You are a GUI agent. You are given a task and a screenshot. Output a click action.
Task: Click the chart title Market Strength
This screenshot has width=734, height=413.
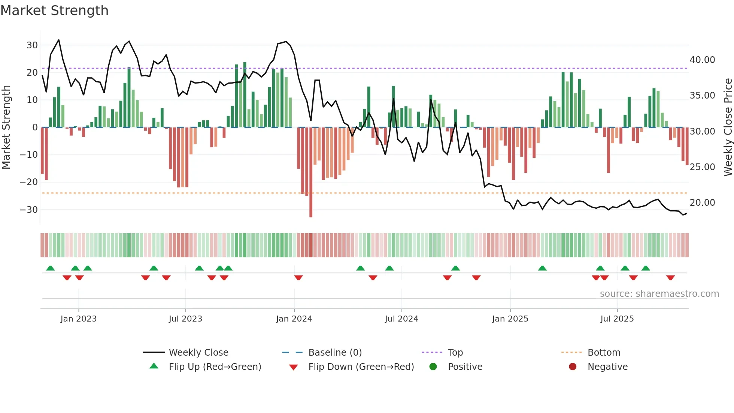[54, 10]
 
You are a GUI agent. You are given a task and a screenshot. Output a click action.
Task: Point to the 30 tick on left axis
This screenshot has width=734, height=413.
[32, 45]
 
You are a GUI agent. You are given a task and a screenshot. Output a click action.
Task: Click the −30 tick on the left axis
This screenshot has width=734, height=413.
[29, 210]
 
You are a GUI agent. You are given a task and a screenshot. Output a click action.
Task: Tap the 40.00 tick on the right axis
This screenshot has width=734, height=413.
[702, 60]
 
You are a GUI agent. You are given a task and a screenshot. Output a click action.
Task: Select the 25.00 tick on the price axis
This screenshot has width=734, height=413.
[702, 167]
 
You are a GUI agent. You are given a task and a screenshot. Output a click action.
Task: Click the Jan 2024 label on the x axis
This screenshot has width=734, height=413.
[294, 319]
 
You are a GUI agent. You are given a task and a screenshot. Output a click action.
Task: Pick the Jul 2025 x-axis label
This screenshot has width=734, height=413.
[617, 319]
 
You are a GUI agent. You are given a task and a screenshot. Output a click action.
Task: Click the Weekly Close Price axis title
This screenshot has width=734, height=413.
[728, 127]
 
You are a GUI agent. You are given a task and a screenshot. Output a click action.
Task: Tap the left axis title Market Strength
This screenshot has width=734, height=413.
[6, 127]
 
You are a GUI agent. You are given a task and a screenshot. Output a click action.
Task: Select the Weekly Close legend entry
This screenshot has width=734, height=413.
[198, 353]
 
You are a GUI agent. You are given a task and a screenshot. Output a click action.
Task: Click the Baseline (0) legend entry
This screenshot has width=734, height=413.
[335, 353]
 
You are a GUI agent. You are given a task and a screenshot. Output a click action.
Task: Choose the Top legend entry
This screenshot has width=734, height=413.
[455, 353]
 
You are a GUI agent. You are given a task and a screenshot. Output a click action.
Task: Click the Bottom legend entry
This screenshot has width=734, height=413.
[604, 353]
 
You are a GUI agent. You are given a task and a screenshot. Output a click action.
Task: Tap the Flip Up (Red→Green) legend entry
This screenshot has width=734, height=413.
[215, 367]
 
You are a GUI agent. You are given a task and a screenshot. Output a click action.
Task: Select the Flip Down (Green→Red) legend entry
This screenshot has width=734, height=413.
[361, 367]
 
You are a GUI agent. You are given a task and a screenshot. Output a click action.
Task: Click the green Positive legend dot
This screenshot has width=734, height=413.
[433, 367]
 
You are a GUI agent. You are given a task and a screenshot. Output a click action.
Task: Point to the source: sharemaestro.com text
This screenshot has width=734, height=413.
[659, 294]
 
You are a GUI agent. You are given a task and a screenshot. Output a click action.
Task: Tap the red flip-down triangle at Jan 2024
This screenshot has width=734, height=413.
[298, 278]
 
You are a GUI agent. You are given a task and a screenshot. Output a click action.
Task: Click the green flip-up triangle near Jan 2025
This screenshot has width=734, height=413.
[542, 268]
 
